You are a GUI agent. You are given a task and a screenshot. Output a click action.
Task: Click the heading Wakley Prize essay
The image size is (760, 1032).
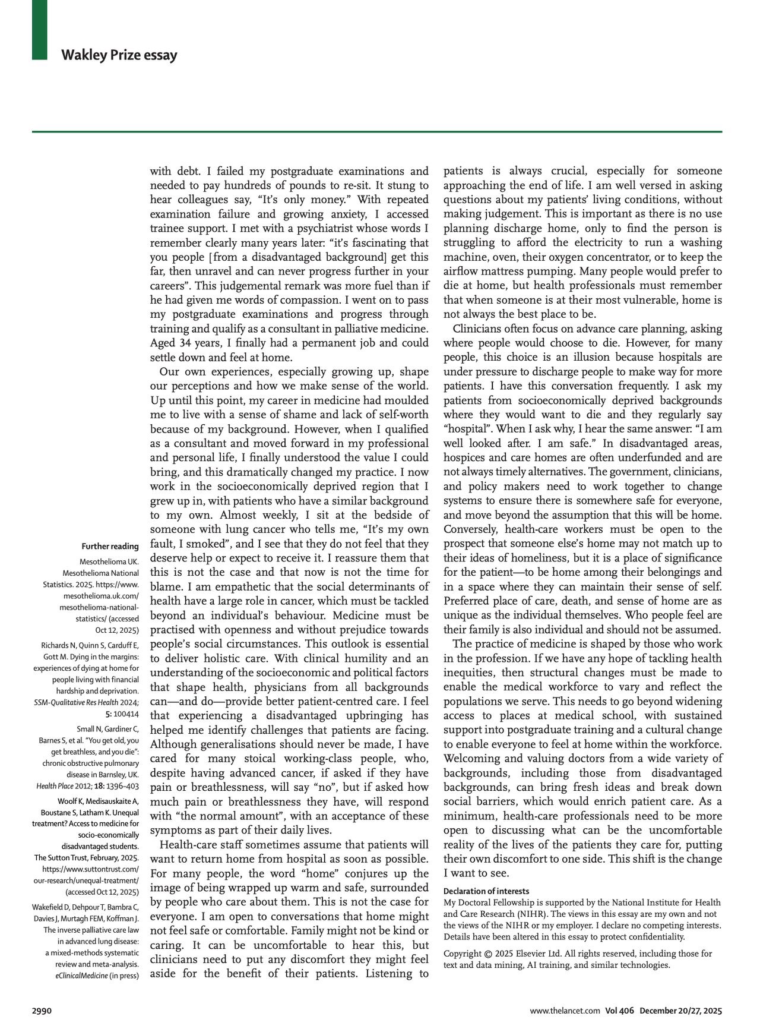click(x=119, y=55)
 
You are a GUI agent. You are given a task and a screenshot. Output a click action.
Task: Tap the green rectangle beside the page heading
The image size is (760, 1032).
click(x=39, y=30)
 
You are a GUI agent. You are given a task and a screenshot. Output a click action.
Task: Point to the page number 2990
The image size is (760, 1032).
click(x=42, y=1011)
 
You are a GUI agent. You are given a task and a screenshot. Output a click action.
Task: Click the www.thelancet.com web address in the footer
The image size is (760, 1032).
click(x=565, y=1011)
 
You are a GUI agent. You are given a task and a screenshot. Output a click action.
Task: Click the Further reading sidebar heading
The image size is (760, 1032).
click(x=110, y=546)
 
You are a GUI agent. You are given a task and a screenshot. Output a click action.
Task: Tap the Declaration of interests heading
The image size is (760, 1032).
click(x=486, y=891)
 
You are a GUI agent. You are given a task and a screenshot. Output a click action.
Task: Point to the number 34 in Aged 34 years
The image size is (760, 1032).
click(x=183, y=343)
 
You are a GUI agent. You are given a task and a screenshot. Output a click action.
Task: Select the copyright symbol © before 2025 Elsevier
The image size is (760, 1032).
click(x=488, y=954)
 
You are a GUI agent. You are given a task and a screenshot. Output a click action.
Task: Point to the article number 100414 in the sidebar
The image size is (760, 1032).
click(x=125, y=714)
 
